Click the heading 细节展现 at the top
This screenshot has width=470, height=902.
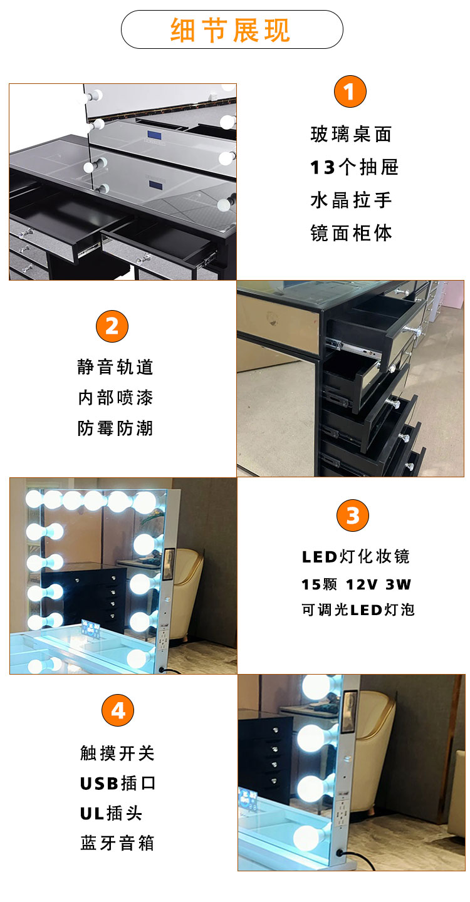[231, 30]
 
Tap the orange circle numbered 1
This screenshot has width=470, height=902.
[350, 92]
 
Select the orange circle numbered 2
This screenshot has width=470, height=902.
[112, 326]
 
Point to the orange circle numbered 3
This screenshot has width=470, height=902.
[353, 516]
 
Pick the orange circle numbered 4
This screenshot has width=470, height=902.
[118, 711]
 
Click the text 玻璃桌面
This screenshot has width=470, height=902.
[351, 134]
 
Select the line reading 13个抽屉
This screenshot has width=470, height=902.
[354, 167]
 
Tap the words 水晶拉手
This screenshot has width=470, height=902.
[351, 200]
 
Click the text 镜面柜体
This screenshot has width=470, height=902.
[351, 233]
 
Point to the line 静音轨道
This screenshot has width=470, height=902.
[115, 367]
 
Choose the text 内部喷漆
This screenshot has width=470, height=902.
[115, 398]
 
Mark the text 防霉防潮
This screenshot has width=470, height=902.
[115, 428]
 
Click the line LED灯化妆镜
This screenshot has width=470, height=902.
[355, 556]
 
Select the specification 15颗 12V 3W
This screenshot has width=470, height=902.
[355, 584]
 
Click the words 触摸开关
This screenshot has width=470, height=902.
[117, 753]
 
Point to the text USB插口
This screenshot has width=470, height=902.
[117, 783]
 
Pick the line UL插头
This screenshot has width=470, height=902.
[111, 813]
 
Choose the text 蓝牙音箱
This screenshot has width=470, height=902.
[117, 843]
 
